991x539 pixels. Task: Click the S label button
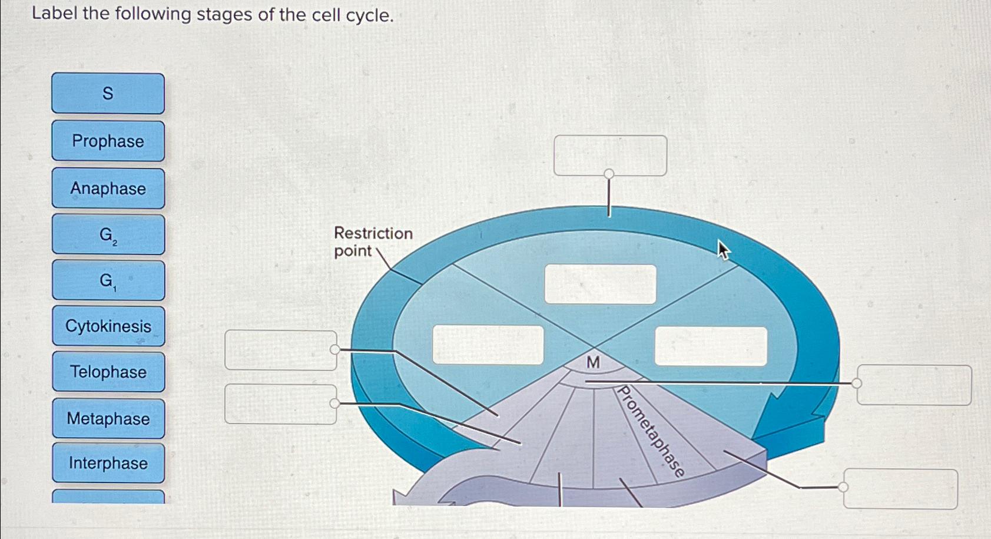[108, 93]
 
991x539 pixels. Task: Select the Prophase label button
[108, 141]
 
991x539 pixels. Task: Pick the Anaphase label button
[108, 188]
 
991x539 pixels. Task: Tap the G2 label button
[108, 234]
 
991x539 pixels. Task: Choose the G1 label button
[108, 280]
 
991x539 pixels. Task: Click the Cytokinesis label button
[108, 326]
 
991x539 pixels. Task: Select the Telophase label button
[108, 372]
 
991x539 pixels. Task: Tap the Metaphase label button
[108, 418]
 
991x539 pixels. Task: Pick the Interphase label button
[108, 463]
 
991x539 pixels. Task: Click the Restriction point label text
[372, 242]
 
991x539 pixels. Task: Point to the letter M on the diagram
[593, 363]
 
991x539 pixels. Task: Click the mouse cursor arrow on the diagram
[723, 250]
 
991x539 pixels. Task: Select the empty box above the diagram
[610, 155]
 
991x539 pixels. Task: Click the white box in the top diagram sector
[600, 284]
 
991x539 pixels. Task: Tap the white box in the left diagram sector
[488, 345]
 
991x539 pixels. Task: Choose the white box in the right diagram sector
[711, 346]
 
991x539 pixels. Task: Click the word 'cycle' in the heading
[367, 15]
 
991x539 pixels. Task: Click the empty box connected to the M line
[914, 385]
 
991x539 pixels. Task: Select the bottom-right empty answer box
[900, 488]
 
